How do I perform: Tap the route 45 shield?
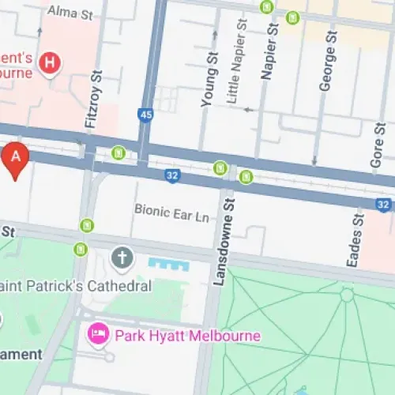pyautogui.click(x=145, y=115)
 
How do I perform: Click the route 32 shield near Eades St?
pyautogui.click(x=383, y=205)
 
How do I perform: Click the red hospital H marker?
pyautogui.click(x=51, y=62)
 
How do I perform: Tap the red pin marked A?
pyautogui.click(x=17, y=158)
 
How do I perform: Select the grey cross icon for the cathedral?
pyautogui.click(x=122, y=257)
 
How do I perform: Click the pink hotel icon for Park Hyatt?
pyautogui.click(x=99, y=336)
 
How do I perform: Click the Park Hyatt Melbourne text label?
pyautogui.click(x=187, y=336)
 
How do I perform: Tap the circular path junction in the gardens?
pyautogui.click(x=346, y=295)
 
